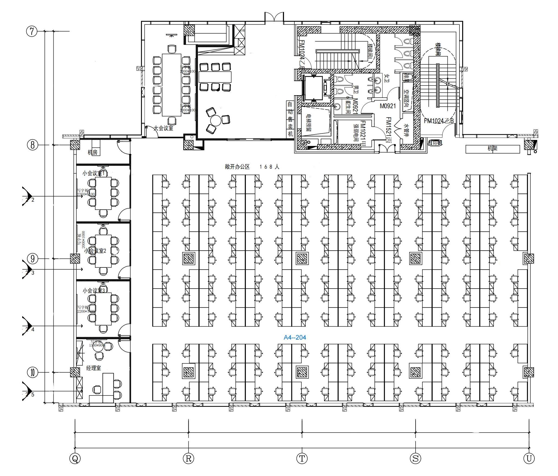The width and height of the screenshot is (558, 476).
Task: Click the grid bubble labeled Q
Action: coord(75,459)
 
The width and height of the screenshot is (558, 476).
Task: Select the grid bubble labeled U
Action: coord(529,459)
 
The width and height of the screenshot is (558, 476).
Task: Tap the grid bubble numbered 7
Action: coord(32,32)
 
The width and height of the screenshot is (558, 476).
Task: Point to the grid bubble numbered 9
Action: coord(32,259)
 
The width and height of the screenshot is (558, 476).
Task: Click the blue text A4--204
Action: coord(295,337)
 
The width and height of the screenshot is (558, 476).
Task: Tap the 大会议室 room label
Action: coord(163,128)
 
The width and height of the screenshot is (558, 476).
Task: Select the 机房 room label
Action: coord(93,152)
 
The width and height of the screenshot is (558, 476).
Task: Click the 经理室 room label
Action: coord(93,368)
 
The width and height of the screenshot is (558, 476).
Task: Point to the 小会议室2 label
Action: coord(95,251)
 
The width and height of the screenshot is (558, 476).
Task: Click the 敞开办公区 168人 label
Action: coord(252,167)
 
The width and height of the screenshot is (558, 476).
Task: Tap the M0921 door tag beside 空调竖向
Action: coord(388,106)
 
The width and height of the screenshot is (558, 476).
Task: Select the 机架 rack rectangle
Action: coord(492,149)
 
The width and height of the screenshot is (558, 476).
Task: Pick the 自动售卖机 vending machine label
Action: coord(290,119)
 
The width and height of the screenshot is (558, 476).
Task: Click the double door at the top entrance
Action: coord(274,17)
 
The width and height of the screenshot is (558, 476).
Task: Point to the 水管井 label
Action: coord(406,130)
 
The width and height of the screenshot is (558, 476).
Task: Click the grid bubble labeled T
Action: coord(302,459)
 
